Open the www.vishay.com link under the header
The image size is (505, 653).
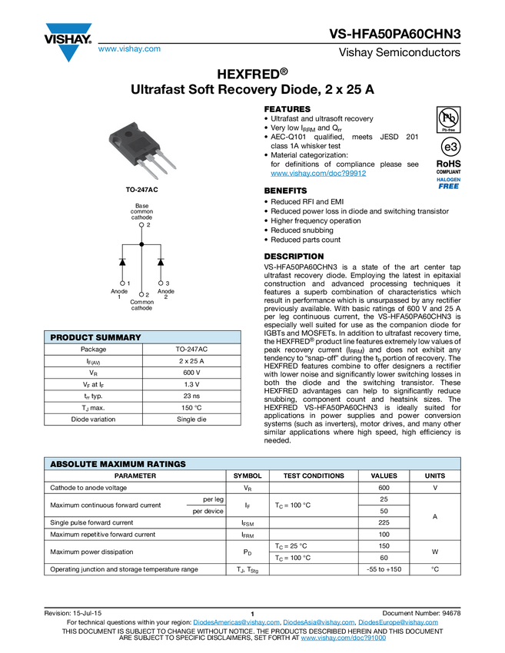[129, 48]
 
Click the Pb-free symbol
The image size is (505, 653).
[448, 120]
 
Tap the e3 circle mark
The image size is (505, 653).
[450, 147]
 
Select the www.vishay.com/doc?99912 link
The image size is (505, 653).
[318, 174]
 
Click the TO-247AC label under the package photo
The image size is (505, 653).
[142, 190]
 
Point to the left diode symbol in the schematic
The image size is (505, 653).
[122, 261]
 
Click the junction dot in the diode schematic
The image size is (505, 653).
[141, 244]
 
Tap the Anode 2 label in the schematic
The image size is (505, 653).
[166, 294]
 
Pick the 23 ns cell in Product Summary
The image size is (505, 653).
[191, 396]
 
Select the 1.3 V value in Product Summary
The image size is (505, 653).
[191, 384]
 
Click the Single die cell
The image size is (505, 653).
[191, 419]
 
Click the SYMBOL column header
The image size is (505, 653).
[248, 476]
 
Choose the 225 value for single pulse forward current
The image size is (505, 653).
[384, 522]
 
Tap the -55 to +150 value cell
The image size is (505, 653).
[384, 569]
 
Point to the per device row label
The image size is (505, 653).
[208, 512]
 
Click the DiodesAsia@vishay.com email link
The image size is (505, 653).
[319, 622]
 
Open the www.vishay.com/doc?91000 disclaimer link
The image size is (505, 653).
[344, 638]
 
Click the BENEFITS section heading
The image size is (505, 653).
[285, 191]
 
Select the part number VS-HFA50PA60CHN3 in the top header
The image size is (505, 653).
[395, 34]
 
